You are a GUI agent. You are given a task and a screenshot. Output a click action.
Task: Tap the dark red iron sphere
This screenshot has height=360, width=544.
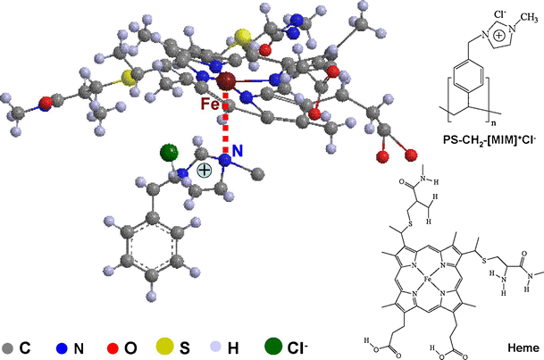click(226, 82)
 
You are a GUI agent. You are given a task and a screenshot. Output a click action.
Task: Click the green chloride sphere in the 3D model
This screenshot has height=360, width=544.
click(166, 154)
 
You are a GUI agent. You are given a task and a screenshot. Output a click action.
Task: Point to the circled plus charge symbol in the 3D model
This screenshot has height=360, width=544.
click(205, 170)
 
